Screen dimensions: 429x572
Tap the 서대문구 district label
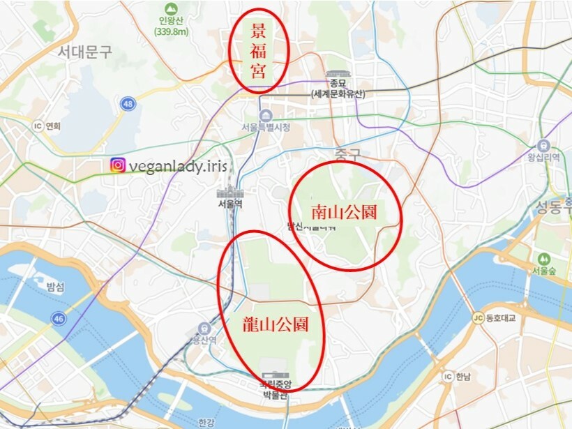pos(85,52)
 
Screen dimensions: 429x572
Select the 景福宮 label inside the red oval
pos(259,51)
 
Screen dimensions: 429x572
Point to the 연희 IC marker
pos(38,126)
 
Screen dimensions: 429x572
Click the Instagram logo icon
pos(118,165)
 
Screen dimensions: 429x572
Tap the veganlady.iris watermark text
pos(177,165)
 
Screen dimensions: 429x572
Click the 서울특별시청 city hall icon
pos(265,115)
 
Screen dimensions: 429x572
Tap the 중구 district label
pos(346,153)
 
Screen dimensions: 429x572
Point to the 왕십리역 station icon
pos(543,145)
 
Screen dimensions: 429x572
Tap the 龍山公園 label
pos(275,324)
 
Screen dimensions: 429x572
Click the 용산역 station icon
pos(203,327)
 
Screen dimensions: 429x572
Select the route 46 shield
pos(58,318)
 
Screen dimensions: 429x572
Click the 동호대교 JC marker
pos(478,319)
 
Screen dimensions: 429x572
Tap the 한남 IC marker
pos(448,377)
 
